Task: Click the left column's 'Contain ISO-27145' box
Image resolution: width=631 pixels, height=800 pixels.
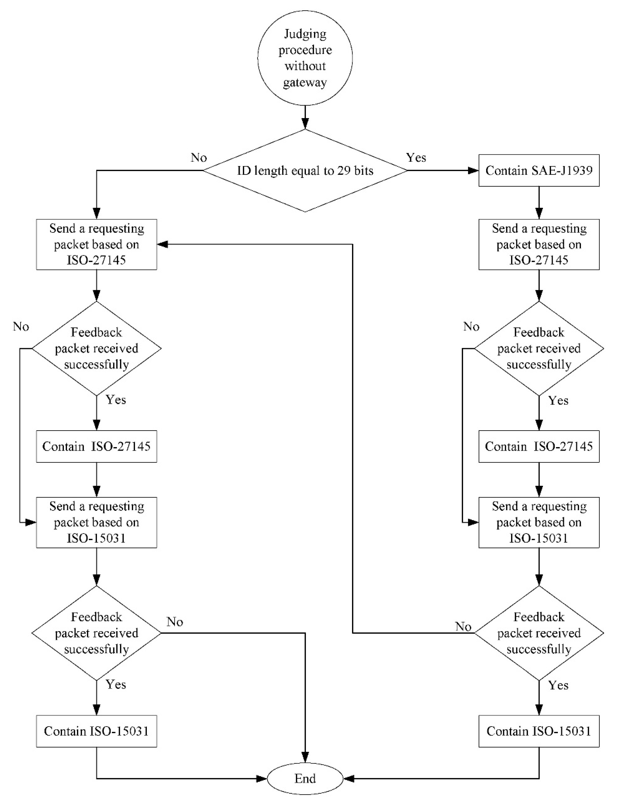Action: (96, 446)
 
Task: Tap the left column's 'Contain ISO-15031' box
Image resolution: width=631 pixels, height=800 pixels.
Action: (96, 731)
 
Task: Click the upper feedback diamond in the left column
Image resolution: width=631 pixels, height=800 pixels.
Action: (96, 348)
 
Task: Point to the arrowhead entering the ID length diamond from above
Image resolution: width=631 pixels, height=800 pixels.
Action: (305, 124)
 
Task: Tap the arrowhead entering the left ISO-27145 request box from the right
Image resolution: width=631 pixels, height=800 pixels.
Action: (163, 244)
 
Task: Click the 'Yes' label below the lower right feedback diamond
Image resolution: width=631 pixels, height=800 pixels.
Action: (558, 685)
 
